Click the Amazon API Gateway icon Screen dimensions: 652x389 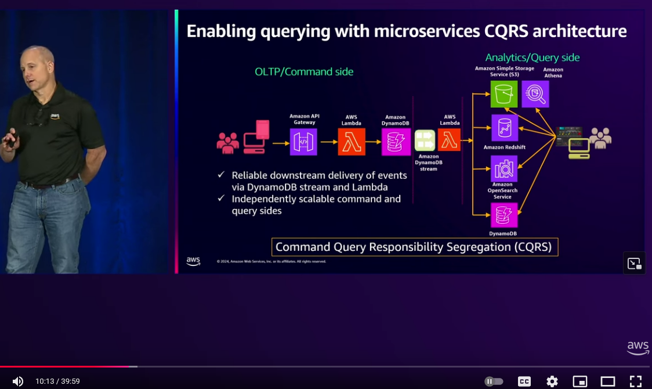click(303, 142)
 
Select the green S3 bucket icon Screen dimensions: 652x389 click(504, 94)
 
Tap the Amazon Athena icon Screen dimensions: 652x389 click(535, 94)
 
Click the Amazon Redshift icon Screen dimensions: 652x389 click(504, 128)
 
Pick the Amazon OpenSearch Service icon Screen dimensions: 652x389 click(504, 168)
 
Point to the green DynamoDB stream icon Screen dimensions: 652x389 click(425, 141)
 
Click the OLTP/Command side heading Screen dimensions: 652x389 click(304, 72)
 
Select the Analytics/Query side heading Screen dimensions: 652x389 click(532, 57)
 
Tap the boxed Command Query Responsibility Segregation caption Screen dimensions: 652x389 click(415, 247)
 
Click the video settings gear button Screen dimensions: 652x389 click(552, 381)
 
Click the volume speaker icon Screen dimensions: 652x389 click(18, 381)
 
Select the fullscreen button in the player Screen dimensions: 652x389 click(636, 381)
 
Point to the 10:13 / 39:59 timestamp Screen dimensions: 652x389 click(57, 381)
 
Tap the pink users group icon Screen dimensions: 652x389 click(227, 143)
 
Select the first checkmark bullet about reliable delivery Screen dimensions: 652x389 click(221, 175)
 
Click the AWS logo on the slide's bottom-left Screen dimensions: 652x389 click(193, 261)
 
